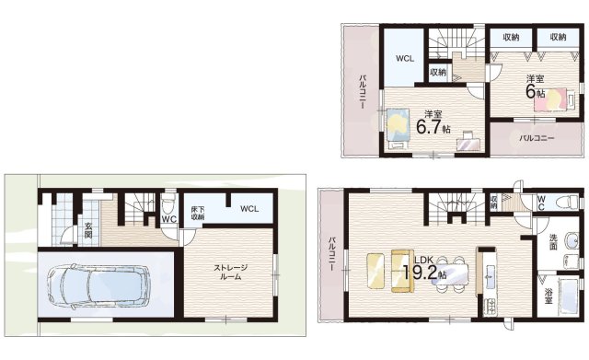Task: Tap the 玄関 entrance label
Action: (x=88, y=230)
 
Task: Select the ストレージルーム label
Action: (x=231, y=273)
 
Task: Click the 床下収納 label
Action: (x=196, y=213)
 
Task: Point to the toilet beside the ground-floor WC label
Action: (x=168, y=204)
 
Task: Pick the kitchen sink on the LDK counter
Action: (x=490, y=276)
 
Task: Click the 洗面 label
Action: (x=553, y=242)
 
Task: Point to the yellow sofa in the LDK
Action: (x=402, y=271)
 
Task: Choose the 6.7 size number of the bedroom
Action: (x=428, y=127)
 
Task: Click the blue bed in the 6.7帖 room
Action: (x=398, y=129)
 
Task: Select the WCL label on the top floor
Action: (x=405, y=59)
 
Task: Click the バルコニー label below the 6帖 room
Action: (x=537, y=138)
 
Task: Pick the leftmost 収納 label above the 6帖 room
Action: (x=511, y=37)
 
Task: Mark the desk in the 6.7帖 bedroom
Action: (x=468, y=144)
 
